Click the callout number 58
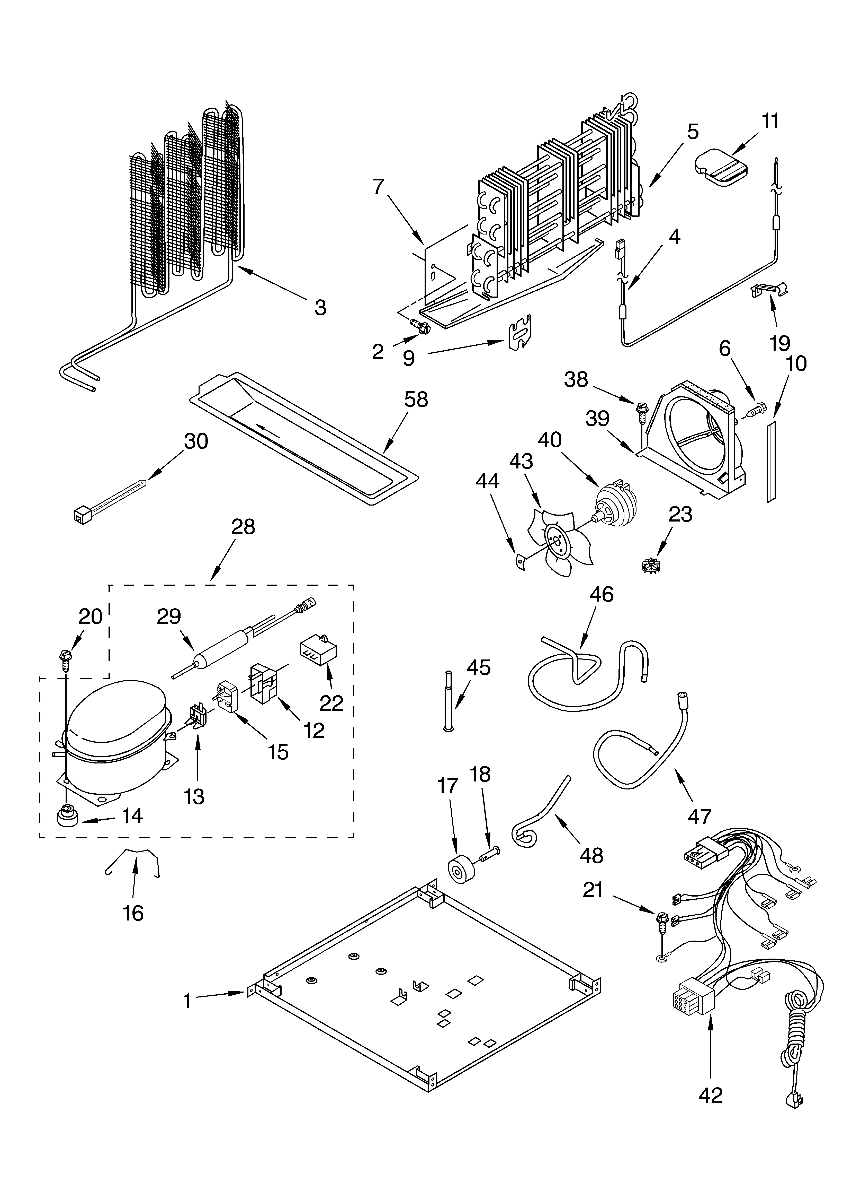(x=416, y=400)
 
